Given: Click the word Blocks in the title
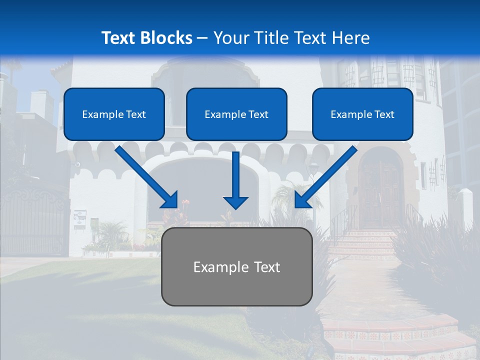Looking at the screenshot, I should pos(167,38).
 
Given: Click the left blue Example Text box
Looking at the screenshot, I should pos(114,114).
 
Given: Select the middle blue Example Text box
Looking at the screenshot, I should pos(236,114).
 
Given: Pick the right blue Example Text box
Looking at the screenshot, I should pos(362,114).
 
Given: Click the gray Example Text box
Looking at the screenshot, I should pos(236,266).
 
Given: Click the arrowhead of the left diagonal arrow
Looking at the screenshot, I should pos(170,200).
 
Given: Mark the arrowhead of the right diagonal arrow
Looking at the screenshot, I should pos(302,200).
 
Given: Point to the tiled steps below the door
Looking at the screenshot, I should pos(367,245).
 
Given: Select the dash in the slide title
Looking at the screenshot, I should pos(202,38).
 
